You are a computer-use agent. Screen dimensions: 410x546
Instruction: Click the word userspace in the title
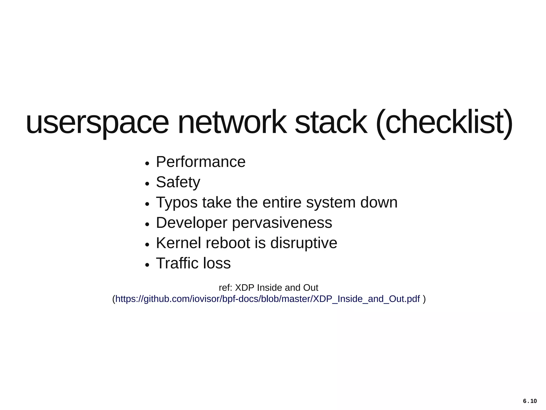click(97, 123)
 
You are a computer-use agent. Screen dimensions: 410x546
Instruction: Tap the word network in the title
click(232, 123)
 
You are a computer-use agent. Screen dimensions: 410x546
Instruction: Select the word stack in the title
click(331, 123)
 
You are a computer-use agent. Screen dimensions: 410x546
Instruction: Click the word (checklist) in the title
click(444, 123)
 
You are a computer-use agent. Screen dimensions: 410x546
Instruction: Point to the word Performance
click(200, 162)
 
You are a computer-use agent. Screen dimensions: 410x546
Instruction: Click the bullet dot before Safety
click(147, 184)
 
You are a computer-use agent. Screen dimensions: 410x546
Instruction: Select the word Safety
click(178, 182)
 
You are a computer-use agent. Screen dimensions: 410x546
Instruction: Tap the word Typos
click(177, 203)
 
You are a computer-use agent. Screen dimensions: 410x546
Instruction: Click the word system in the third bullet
click(331, 203)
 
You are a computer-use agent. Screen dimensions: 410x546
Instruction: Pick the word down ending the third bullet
click(379, 202)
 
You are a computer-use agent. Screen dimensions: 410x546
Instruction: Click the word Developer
click(191, 223)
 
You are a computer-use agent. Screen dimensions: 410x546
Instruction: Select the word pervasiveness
click(282, 223)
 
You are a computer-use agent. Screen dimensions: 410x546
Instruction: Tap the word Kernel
click(178, 243)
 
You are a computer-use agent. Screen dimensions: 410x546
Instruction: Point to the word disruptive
click(304, 243)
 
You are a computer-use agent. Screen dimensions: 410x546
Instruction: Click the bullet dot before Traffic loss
click(147, 265)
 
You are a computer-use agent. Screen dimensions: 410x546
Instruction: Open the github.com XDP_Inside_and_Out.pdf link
click(268, 299)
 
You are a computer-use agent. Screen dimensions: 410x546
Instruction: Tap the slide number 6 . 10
click(530, 401)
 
